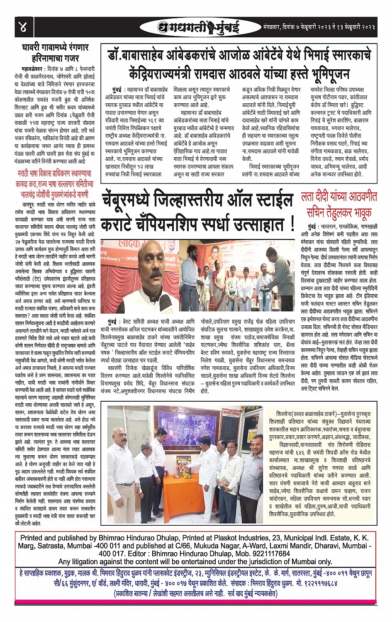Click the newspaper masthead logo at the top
[199, 27]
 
